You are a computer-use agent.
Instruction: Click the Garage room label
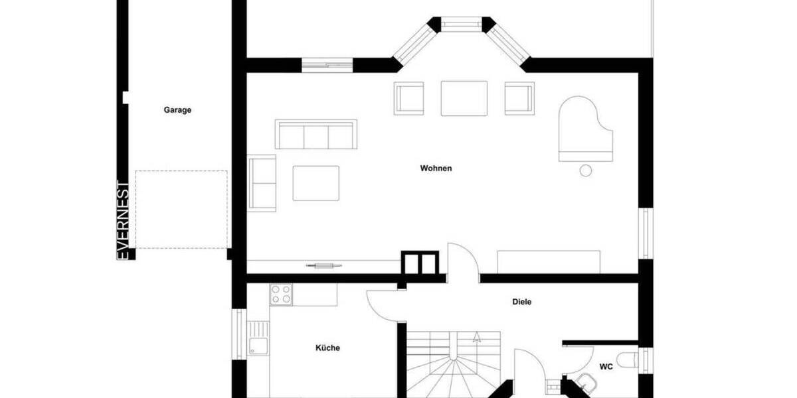[177, 110]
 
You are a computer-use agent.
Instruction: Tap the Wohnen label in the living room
[436, 168]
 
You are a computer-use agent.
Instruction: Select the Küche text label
[327, 348]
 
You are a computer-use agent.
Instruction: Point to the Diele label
[522, 302]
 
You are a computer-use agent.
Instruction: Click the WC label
[606, 366]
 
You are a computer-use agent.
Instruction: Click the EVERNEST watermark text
[123, 220]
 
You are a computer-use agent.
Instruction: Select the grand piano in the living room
[584, 129]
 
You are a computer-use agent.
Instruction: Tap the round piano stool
[586, 170]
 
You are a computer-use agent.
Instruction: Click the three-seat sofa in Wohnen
[316, 134]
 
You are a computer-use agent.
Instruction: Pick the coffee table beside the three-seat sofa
[316, 182]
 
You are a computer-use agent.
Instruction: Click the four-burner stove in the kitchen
[281, 294]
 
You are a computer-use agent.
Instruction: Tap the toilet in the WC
[628, 360]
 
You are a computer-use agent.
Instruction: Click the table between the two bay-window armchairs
[464, 98]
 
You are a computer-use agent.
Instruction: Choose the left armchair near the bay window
[408, 98]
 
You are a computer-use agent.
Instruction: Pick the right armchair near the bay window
[519, 98]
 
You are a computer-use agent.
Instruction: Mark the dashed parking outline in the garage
[181, 210]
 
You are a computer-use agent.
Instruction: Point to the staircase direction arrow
[476, 336]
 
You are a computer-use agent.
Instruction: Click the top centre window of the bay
[463, 25]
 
